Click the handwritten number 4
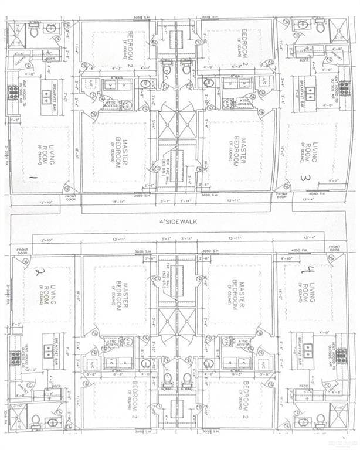click(x=305, y=270)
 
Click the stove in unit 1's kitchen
click(x=13, y=93)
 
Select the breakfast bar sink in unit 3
click(x=309, y=94)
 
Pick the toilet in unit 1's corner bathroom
click(x=34, y=28)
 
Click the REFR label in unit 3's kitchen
click(x=304, y=60)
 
